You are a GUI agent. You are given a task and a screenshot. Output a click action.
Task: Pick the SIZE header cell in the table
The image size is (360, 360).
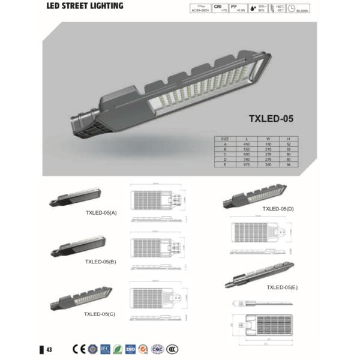pos(226,139)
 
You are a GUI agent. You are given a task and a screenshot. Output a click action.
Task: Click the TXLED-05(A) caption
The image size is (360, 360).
pos(101,212)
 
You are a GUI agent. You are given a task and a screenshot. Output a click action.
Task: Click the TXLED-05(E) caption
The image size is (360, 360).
pos(283,287)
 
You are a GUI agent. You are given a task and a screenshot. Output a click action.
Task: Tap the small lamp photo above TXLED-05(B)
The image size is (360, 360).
pos(80,244)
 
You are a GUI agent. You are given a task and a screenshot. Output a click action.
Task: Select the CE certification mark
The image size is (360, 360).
pos(79,349)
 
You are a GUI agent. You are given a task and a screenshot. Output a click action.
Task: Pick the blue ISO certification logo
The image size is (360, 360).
pos(131,349)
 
